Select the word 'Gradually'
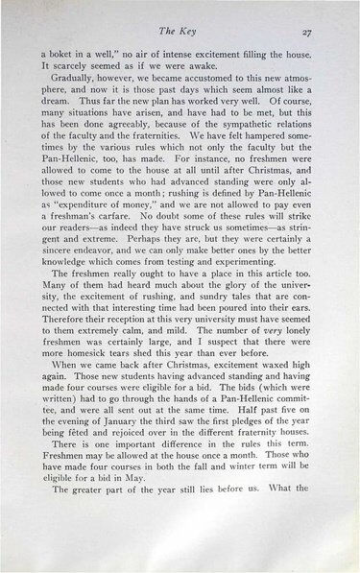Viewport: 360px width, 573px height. pyautogui.click(x=79, y=84)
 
